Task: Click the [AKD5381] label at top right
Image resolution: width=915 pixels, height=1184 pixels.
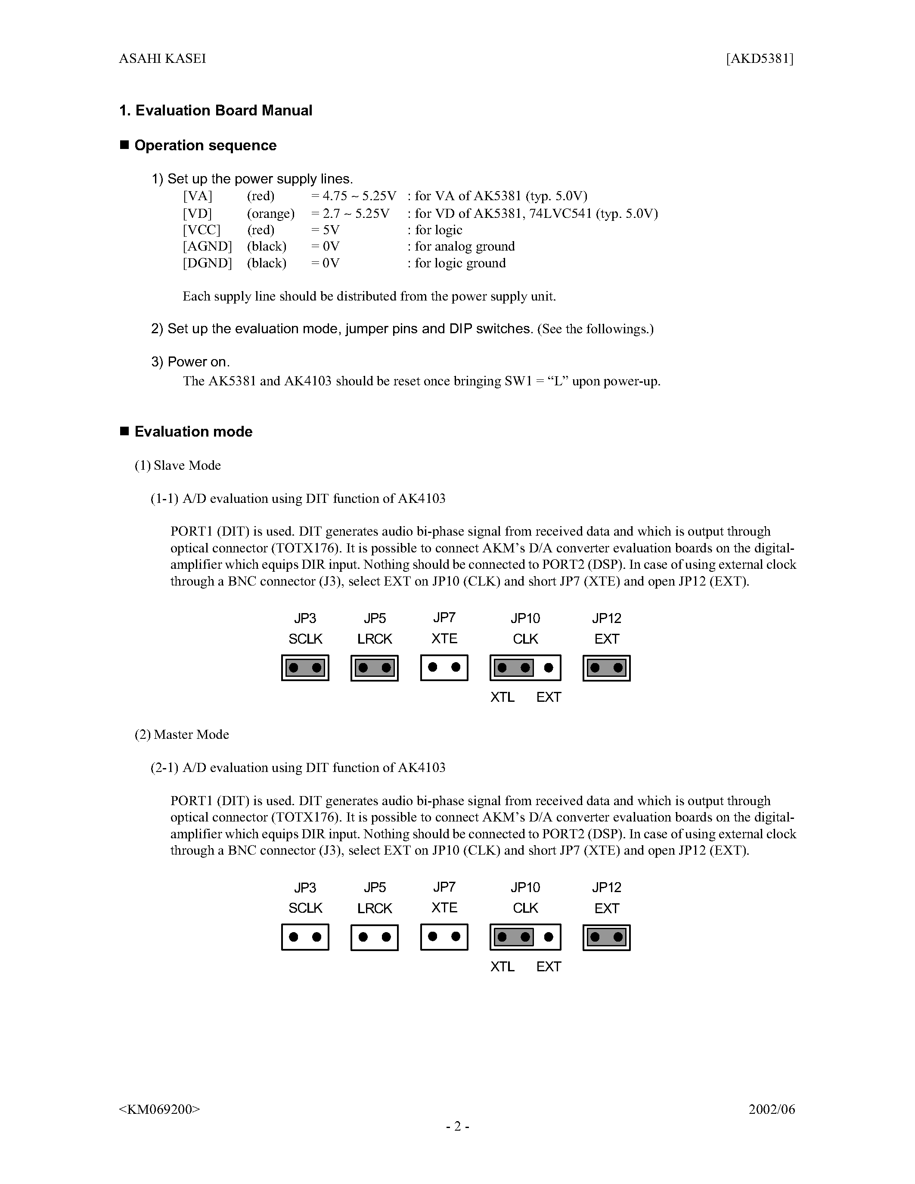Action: [760, 59]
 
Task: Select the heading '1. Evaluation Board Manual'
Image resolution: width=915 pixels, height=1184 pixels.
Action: [216, 111]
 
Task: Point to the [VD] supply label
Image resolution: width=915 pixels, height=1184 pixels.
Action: [197, 213]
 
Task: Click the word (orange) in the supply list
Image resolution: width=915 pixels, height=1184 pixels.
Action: [270, 213]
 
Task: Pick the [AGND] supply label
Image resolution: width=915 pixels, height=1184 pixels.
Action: [207, 246]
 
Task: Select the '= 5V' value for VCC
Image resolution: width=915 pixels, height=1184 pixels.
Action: [325, 230]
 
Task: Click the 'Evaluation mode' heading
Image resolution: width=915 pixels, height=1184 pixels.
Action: [193, 431]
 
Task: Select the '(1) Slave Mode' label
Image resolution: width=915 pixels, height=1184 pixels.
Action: [178, 465]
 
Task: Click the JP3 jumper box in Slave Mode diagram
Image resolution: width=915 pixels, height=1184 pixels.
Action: [305, 667]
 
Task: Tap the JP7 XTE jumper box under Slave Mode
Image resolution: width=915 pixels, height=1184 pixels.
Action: [444, 667]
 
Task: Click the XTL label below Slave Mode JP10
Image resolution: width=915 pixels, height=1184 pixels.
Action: [502, 697]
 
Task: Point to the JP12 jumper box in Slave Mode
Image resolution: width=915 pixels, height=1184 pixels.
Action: [607, 667]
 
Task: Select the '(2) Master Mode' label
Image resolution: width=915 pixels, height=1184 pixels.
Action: [182, 734]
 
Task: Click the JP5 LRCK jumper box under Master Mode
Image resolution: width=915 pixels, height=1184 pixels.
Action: [375, 937]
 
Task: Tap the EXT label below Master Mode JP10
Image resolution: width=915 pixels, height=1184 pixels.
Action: [549, 967]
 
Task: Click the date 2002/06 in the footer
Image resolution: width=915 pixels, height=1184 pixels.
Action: [771, 1109]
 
